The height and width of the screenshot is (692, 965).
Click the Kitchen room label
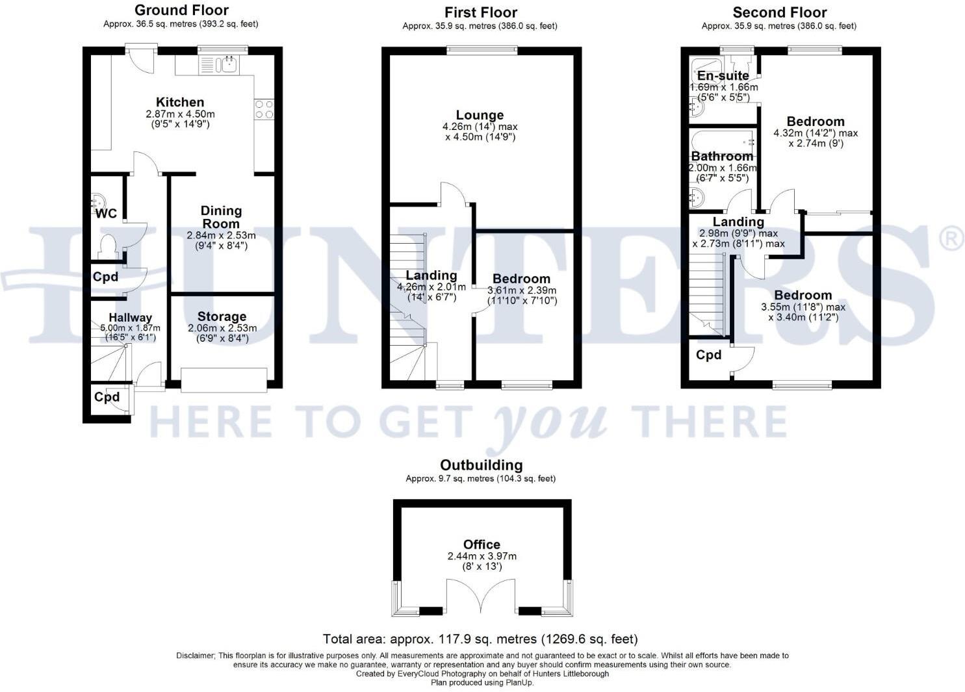(180, 102)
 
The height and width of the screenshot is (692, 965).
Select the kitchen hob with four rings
(264, 109)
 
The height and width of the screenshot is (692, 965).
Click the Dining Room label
(221, 217)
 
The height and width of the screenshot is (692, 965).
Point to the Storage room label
(222, 317)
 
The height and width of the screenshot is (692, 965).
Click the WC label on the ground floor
(107, 214)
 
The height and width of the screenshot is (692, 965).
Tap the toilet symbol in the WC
(107, 246)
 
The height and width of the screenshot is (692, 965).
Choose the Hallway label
(130, 318)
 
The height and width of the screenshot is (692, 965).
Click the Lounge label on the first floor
(480, 116)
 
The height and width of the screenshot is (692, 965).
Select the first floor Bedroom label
(521, 279)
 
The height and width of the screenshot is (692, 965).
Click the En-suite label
(723, 76)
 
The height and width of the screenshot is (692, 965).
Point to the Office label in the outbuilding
(482, 545)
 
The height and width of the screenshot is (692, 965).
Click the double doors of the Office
(481, 596)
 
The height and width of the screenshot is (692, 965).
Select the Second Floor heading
(779, 12)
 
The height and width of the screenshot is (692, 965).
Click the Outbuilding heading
(481, 465)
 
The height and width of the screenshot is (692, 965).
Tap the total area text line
(480, 639)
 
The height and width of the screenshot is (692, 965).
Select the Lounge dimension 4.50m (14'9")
(480, 137)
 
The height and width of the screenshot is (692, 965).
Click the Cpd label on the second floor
(708, 355)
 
